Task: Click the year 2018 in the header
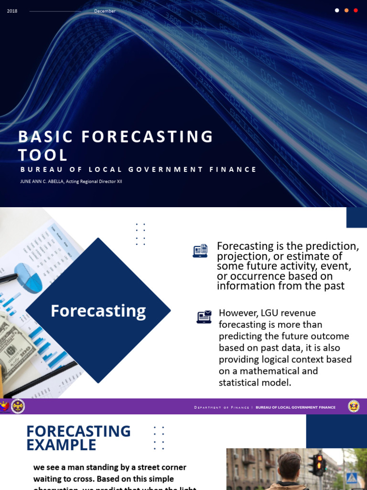tap(12, 11)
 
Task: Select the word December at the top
tap(105, 11)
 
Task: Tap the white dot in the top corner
tap(337, 10)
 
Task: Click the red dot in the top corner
tap(356, 10)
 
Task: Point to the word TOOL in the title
tap(43, 155)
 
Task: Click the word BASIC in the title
tap(45, 136)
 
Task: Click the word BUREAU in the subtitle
tap(38, 169)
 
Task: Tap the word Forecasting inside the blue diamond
tap(98, 311)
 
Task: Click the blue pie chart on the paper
tap(30, 278)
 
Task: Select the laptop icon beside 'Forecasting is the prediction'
tap(200, 251)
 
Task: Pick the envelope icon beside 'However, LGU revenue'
tap(204, 317)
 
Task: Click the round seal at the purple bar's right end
tap(354, 406)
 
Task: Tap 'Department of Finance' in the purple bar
tap(221, 408)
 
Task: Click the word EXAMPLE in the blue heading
tap(61, 445)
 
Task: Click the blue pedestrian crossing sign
tap(352, 477)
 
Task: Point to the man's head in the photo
tap(289, 466)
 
